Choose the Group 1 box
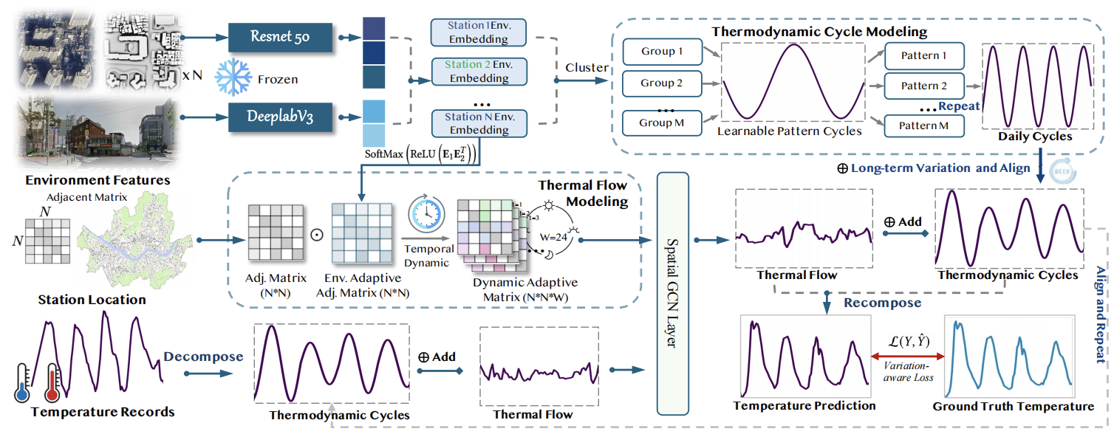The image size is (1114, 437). coord(661,52)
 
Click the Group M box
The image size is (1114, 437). coord(661,123)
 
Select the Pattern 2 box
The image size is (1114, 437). coord(923,86)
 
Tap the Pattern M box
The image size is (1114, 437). coord(923,125)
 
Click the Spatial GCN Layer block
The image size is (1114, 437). coord(672,293)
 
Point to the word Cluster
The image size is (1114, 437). coord(587,68)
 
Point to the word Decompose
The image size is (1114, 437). coord(203,357)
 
